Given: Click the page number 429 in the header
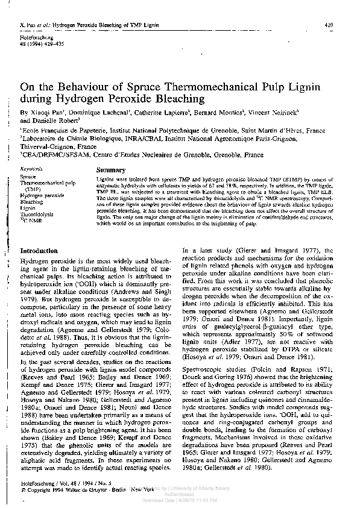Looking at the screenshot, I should point(329,25).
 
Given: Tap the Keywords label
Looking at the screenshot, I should point(31,170).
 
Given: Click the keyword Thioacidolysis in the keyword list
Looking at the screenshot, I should point(37,213).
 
